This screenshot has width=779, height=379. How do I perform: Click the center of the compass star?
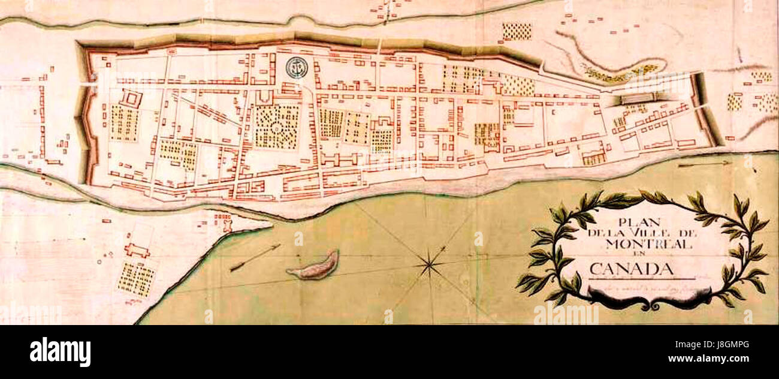[x=429, y=262]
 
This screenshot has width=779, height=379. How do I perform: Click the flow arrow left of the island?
[x=254, y=257]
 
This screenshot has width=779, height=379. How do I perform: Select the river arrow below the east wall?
[x=704, y=162]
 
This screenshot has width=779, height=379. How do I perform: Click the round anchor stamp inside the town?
[x=296, y=68]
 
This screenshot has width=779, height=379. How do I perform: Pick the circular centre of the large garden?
[x=276, y=127]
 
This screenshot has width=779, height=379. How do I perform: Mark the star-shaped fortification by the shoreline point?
[x=227, y=224]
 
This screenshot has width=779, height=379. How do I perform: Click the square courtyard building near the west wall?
[x=131, y=98]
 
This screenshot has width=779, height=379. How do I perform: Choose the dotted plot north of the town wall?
[x=517, y=32]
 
